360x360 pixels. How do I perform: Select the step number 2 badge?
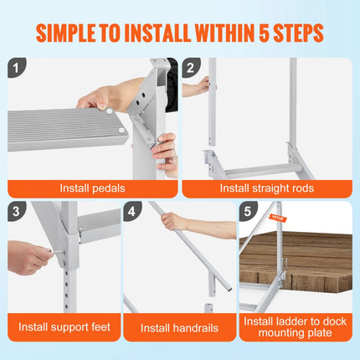193,68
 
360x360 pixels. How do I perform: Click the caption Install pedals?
92,188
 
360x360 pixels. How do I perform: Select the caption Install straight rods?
267,188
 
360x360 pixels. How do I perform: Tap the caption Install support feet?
62,327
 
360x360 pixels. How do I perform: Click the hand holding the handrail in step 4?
173,222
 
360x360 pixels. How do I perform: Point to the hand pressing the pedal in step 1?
100,96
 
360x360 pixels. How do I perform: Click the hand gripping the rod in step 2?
202,84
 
